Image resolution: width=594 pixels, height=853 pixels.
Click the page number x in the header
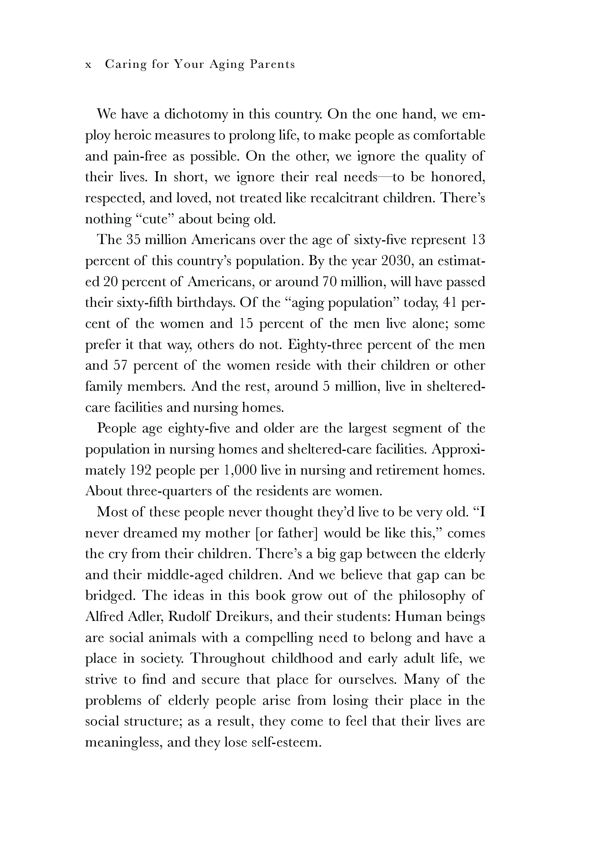coord(88,65)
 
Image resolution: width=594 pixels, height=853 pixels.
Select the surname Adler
coord(145,617)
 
